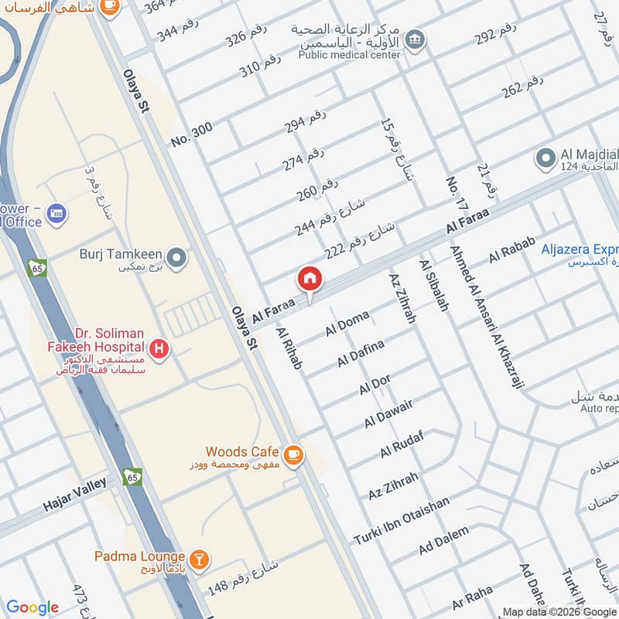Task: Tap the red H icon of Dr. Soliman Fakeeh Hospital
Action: [x=159, y=350]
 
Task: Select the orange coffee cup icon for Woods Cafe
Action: [x=292, y=455]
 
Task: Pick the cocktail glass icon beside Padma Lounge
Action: [x=199, y=558]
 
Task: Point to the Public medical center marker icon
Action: [x=416, y=38]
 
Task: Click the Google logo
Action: [x=32, y=607]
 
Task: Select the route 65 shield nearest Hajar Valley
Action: [x=131, y=477]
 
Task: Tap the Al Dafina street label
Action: [x=361, y=354]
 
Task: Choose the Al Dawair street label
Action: [x=388, y=414]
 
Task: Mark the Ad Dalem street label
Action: [x=443, y=539]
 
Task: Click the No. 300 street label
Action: [x=191, y=135]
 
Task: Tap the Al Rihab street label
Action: [x=288, y=348]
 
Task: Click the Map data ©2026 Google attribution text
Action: [x=559, y=611]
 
